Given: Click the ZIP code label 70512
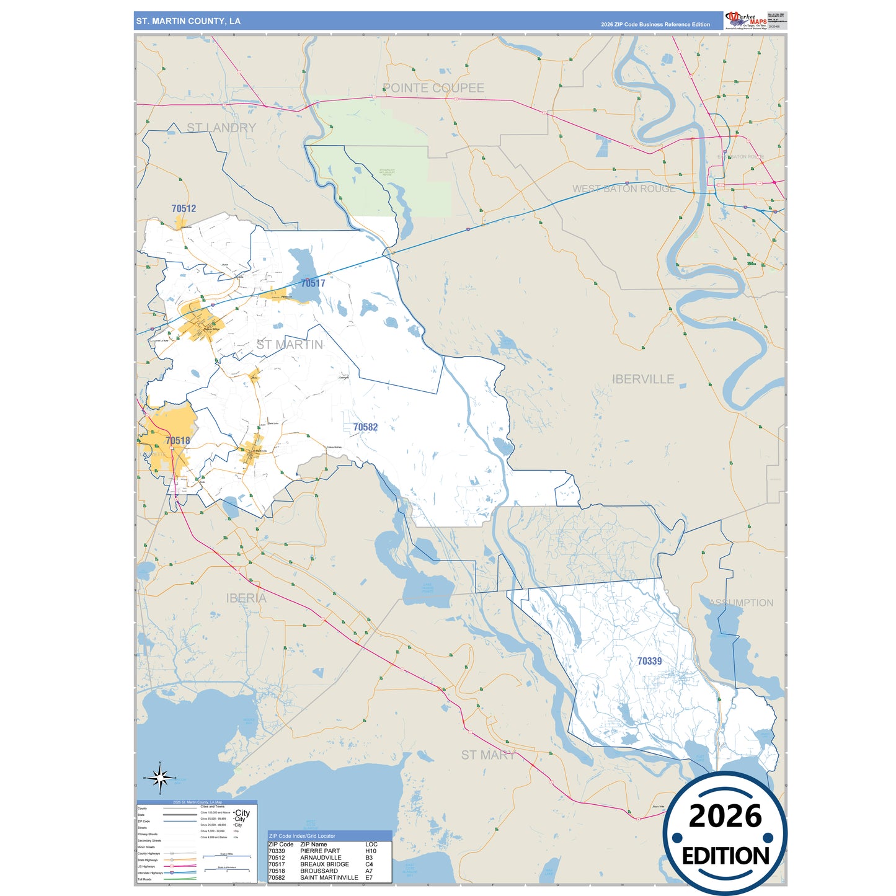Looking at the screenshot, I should (184, 208).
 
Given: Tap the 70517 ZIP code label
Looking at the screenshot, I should (313, 283).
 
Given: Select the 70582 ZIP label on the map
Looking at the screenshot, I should (365, 427).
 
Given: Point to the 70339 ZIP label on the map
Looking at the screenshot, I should (649, 661).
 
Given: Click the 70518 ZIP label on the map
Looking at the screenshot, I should (177, 441).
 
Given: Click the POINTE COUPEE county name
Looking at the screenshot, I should (433, 88).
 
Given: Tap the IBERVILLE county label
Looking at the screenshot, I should (642, 379).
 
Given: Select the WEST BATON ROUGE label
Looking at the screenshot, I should (623, 189).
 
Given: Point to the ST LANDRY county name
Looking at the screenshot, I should (221, 128).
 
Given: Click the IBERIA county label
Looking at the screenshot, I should (246, 598).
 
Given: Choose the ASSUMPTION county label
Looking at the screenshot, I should (741, 603).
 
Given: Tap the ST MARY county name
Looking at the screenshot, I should (488, 755).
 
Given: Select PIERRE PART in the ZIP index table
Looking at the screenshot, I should (319, 851).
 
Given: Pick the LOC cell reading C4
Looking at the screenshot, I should (369, 864).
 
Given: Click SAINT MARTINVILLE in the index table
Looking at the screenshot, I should (329, 877).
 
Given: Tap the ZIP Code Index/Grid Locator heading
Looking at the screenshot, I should (301, 836).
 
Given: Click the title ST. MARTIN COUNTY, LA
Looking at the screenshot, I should (189, 21).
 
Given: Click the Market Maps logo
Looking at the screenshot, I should (745, 20).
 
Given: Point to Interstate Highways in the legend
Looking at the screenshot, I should (150, 873).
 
